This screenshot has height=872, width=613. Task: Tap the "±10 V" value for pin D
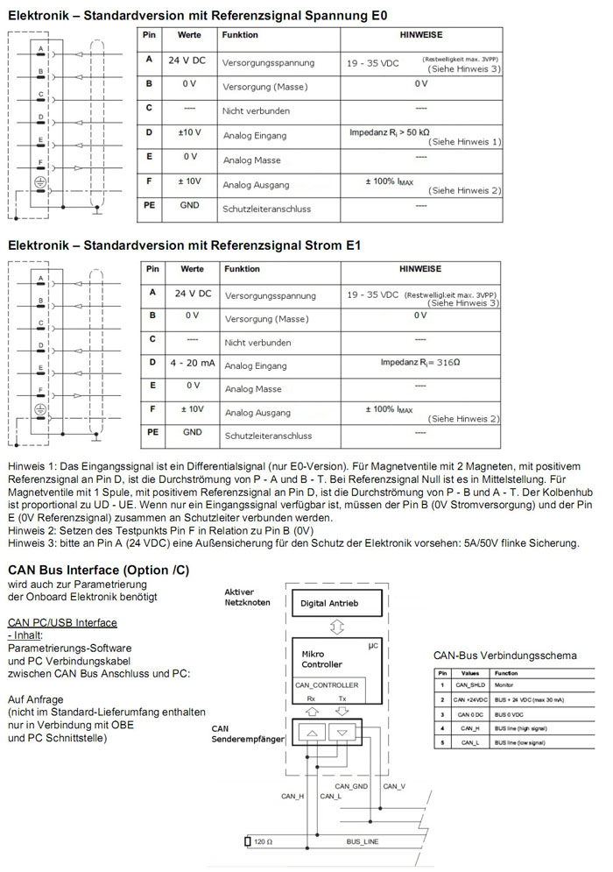[x=189, y=133]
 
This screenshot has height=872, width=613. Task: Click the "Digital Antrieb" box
[x=329, y=604]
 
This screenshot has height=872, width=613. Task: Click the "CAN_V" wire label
[x=395, y=785]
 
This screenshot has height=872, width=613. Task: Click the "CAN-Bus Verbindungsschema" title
[x=505, y=656]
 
